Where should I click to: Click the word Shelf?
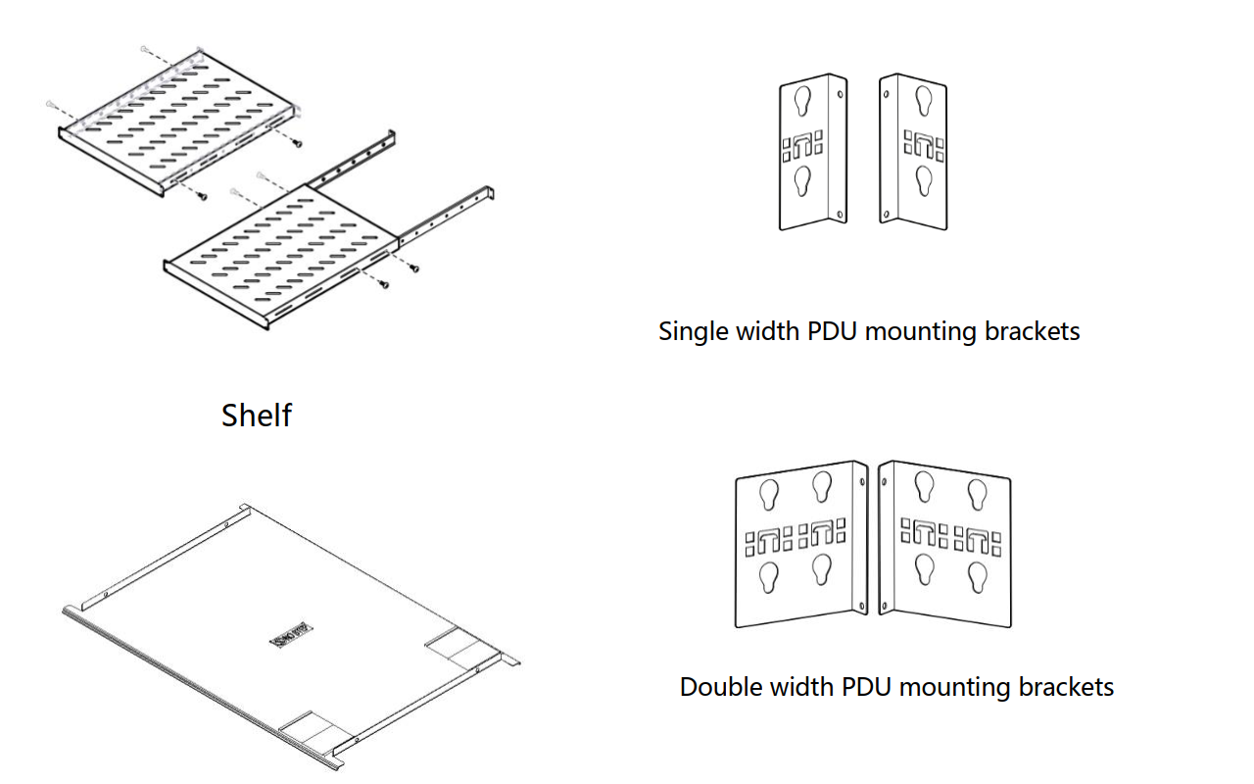(x=256, y=415)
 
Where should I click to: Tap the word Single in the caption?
(x=694, y=331)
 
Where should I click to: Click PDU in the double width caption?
(x=867, y=686)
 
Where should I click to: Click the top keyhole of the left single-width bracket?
(x=803, y=101)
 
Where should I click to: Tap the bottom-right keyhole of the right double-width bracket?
(x=976, y=576)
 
